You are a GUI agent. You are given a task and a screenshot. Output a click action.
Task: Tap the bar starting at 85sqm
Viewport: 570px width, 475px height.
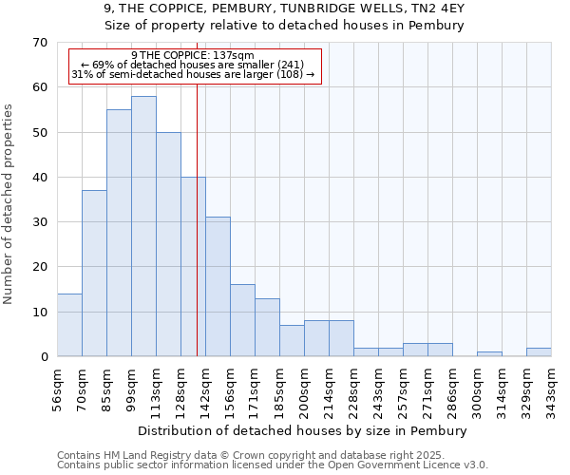[x=119, y=233]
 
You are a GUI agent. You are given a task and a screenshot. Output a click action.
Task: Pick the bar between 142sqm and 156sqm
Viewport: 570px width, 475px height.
[x=218, y=286]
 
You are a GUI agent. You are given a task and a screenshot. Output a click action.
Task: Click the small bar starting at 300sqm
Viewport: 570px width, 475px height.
[x=489, y=353]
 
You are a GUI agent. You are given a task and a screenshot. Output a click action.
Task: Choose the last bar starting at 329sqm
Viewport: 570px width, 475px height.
[x=539, y=351]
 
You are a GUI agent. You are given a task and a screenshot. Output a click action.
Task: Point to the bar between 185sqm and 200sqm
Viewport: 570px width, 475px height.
[x=292, y=340]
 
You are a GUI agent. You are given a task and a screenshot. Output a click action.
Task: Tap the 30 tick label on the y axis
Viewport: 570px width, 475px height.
[x=40, y=222]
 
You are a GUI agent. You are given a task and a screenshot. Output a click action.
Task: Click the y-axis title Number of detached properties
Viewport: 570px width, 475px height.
[x=9, y=203]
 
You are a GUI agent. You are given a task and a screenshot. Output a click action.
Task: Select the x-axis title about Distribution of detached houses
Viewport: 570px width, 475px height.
[x=302, y=430]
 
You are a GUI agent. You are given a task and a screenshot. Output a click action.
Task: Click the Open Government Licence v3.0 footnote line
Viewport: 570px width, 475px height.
[x=273, y=465]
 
